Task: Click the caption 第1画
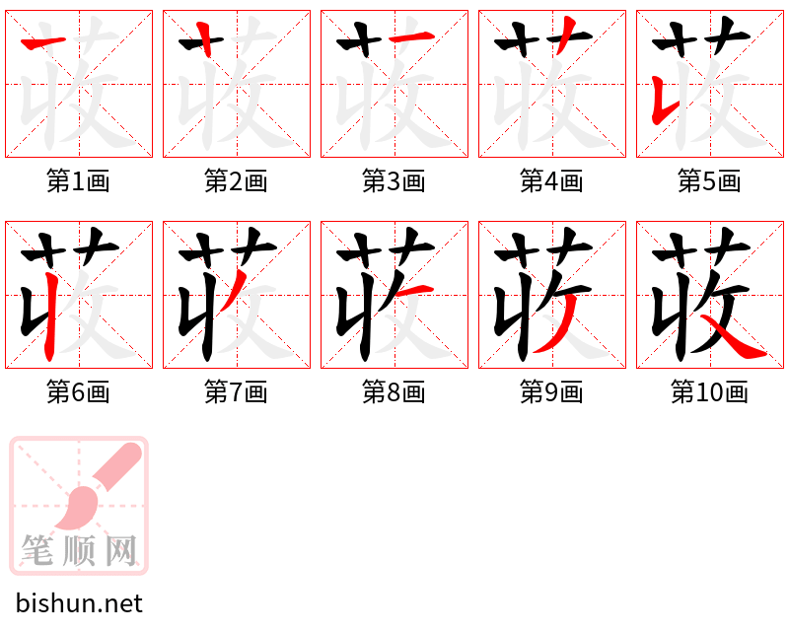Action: point(78,181)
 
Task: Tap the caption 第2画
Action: point(236,181)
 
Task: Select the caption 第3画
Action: point(394,181)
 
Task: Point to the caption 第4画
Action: point(551,181)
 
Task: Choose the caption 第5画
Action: point(709,181)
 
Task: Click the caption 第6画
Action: point(78,392)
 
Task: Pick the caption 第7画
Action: point(236,392)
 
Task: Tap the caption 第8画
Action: point(394,392)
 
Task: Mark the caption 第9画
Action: point(551,392)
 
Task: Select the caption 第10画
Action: point(709,392)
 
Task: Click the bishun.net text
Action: point(79,603)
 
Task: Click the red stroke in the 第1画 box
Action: point(43,40)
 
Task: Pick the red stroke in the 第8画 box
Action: point(415,287)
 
